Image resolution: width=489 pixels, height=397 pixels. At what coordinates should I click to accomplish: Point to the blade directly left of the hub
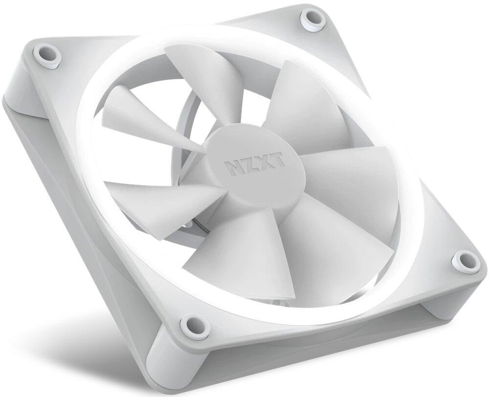[161, 196]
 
